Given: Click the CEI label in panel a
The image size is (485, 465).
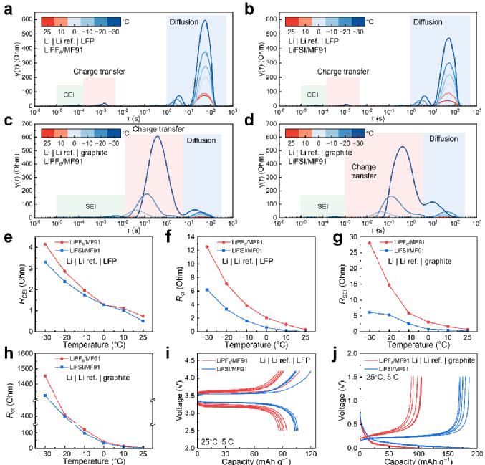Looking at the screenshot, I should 69,95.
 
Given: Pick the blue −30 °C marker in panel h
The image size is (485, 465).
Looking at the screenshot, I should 45,396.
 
